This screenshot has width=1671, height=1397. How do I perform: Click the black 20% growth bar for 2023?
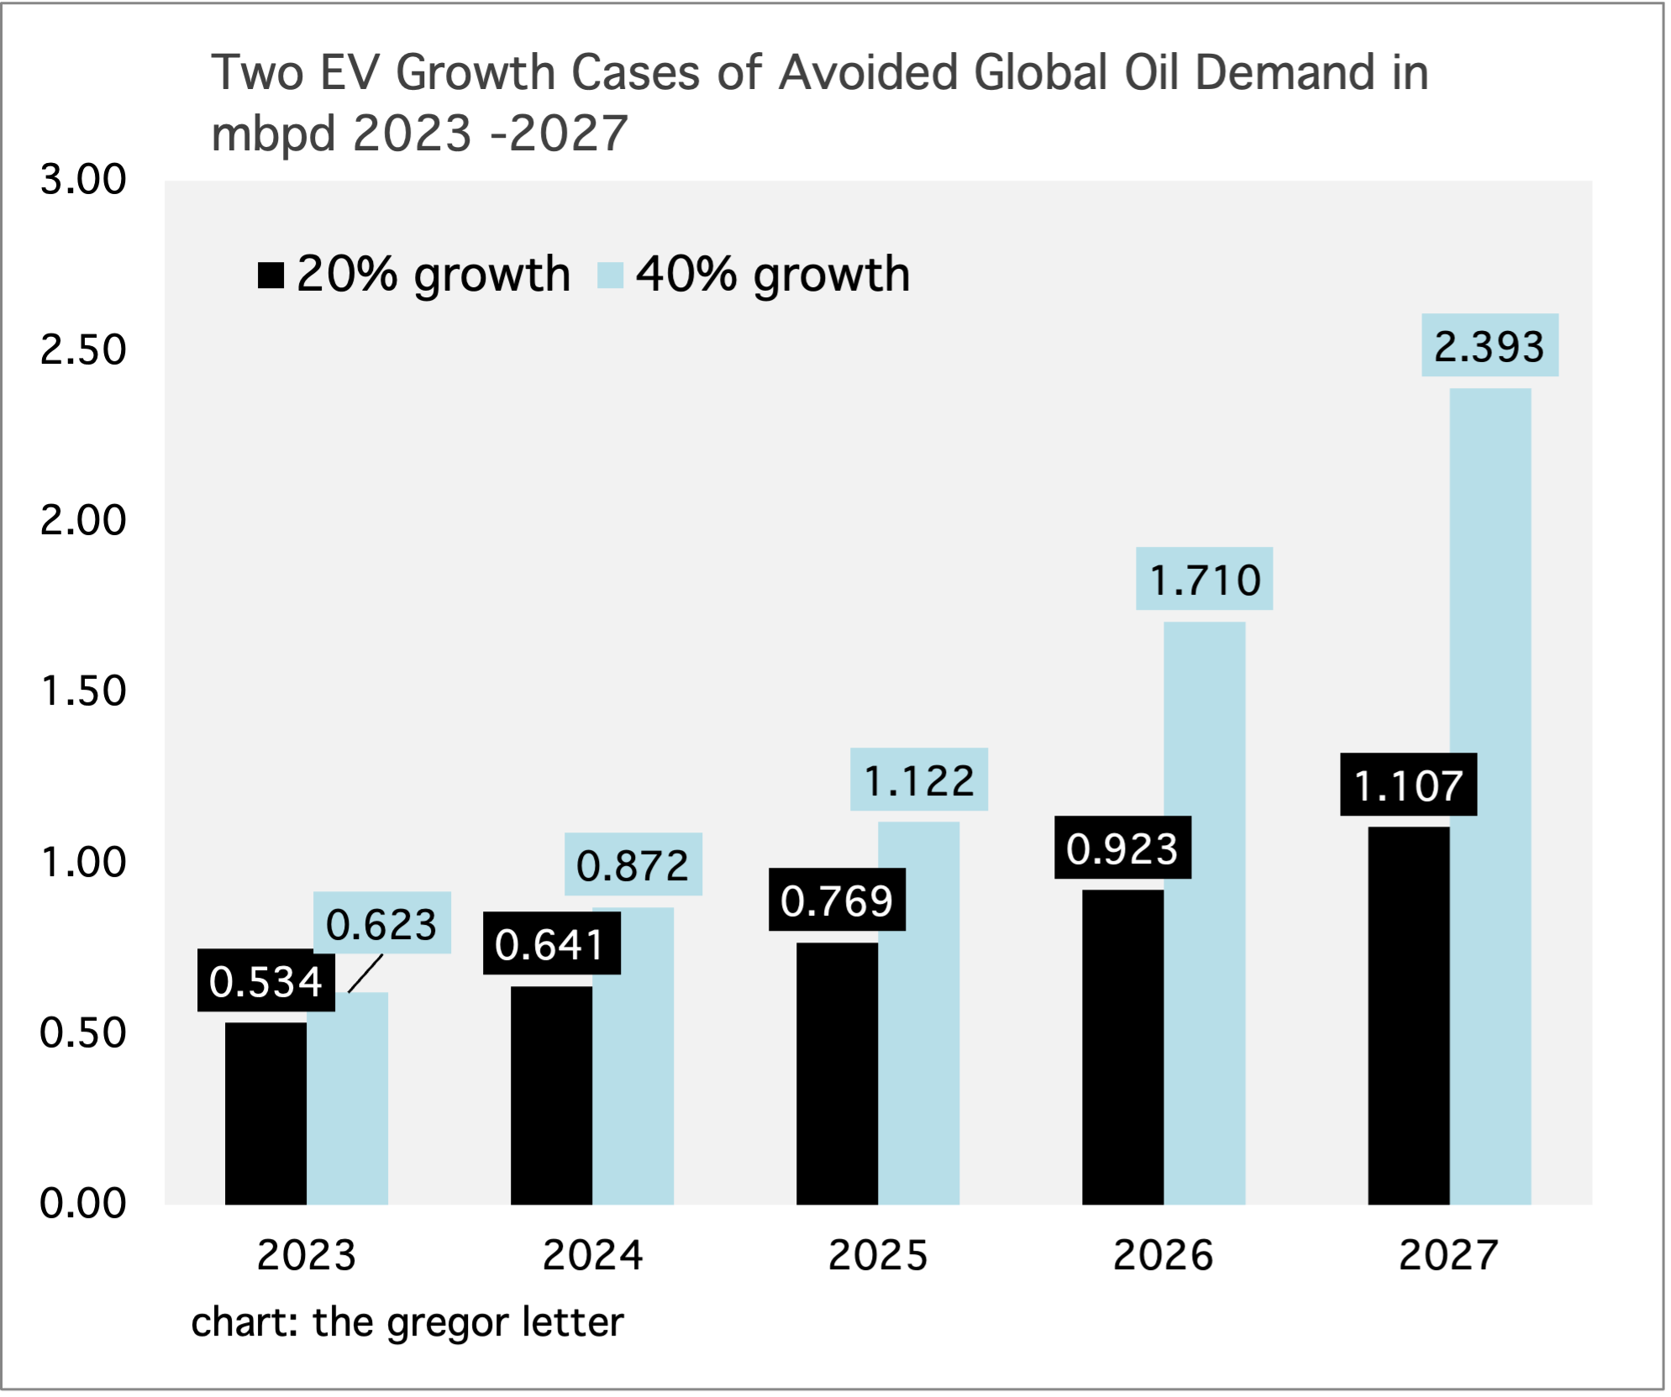[265, 1113]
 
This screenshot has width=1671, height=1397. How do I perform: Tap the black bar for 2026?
[1122, 1047]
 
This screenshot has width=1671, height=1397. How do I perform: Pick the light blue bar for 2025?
[918, 1013]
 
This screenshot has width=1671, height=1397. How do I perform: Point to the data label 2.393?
[1489, 346]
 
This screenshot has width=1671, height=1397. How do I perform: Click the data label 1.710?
[1204, 580]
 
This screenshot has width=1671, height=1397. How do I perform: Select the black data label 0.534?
[265, 981]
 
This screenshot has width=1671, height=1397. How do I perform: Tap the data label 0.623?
[381, 924]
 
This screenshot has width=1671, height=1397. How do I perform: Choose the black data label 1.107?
[1408, 785]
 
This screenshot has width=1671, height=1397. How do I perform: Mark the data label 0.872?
[633, 865]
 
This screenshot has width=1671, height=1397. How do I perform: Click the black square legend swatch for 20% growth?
[271, 276]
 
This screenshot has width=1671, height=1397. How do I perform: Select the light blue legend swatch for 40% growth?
[610, 276]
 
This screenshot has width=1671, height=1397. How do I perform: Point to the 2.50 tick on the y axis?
[83, 349]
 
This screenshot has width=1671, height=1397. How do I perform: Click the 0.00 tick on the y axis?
[83, 1203]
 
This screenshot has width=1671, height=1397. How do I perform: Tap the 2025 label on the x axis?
[878, 1255]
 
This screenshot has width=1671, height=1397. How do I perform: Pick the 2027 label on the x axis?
[1448, 1255]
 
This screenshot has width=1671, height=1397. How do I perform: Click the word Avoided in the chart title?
[869, 73]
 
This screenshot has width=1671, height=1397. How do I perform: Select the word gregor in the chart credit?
[449, 1323]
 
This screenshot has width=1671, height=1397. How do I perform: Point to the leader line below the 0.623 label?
[365, 974]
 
